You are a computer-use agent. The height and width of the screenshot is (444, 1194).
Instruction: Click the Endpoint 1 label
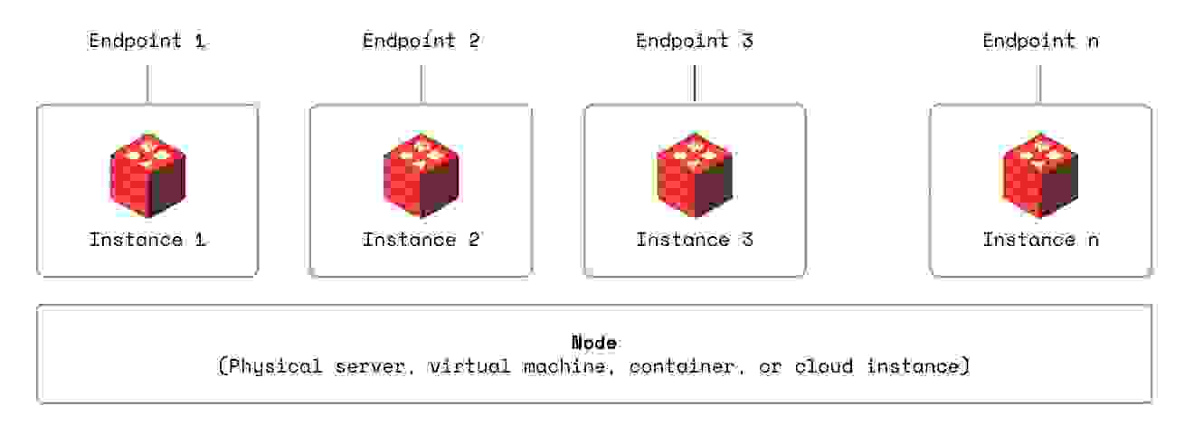147,42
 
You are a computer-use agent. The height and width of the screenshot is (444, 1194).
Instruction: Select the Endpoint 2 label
422,42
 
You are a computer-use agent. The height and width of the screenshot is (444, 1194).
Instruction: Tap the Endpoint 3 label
695,42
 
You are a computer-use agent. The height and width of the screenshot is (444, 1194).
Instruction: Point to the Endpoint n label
1041,42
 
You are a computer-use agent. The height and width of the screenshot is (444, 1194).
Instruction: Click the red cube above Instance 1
147,175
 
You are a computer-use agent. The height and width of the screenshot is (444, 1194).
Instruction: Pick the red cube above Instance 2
422,175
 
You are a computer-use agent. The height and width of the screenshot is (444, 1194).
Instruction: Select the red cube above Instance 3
695,175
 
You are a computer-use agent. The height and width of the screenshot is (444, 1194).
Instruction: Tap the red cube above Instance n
1041,175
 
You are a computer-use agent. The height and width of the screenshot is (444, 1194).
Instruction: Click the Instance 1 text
147,240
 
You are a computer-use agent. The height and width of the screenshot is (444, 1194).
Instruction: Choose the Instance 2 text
422,240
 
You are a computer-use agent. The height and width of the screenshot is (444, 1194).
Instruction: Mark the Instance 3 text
695,240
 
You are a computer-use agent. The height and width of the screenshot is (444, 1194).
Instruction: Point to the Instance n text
1041,240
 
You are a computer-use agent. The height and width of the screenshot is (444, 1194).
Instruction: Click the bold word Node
594,343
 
